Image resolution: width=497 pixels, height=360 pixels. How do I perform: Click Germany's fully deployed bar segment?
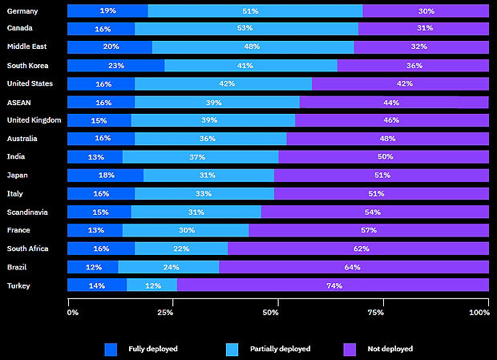pyautogui.click(x=107, y=10)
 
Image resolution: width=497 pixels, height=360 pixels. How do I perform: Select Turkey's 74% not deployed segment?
pyautogui.click(x=333, y=285)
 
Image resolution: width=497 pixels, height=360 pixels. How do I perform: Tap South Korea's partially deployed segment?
pyautogui.click(x=250, y=66)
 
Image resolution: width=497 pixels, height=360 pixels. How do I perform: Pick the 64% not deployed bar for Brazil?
pyautogui.click(x=354, y=267)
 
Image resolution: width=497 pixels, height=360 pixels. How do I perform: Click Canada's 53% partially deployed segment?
pyautogui.click(x=246, y=29)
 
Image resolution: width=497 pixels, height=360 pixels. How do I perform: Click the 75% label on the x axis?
pyautogui.click(x=382, y=312)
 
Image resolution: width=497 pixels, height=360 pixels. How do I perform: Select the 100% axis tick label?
pyautogui.click(x=479, y=312)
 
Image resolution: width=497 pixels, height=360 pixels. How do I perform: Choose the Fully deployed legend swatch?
pyautogui.click(x=111, y=349)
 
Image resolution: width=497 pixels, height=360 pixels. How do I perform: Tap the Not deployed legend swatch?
pyautogui.click(x=349, y=349)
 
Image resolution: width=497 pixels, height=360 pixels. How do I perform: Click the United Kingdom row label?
pyautogui.click(x=34, y=120)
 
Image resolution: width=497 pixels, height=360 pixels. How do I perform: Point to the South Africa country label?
pyautogui.click(x=27, y=249)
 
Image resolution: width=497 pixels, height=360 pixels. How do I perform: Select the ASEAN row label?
pyautogui.click(x=18, y=102)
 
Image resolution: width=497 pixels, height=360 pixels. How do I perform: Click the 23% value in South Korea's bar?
pyautogui.click(x=115, y=66)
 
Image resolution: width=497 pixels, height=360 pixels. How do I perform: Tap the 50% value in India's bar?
pyautogui.click(x=384, y=157)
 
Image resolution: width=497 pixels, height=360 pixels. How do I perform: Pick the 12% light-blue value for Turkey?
pyautogui.click(x=152, y=285)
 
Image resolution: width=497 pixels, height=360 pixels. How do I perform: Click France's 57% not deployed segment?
pyautogui.click(x=369, y=230)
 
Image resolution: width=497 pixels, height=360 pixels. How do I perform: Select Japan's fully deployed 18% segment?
pyautogui.click(x=105, y=175)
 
